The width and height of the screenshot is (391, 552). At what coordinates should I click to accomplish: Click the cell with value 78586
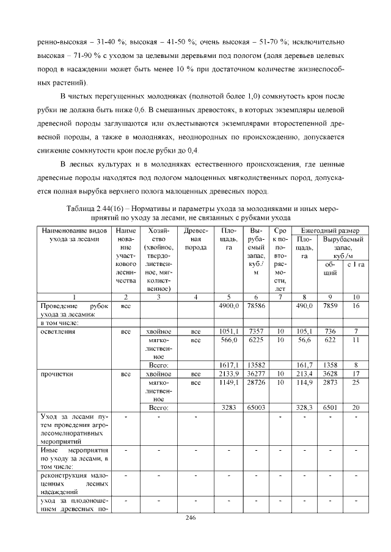pyautogui.click(x=256, y=306)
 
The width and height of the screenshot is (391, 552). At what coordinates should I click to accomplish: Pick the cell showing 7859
pyautogui.click(x=330, y=306)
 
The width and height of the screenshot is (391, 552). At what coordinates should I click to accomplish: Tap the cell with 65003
pyautogui.click(x=256, y=407)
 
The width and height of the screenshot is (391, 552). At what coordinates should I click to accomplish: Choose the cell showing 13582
pyautogui.click(x=256, y=365)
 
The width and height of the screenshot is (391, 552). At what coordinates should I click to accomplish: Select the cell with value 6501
pyautogui.click(x=330, y=407)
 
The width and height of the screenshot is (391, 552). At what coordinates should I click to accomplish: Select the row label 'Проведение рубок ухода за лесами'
pyautogui.click(x=73, y=310)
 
